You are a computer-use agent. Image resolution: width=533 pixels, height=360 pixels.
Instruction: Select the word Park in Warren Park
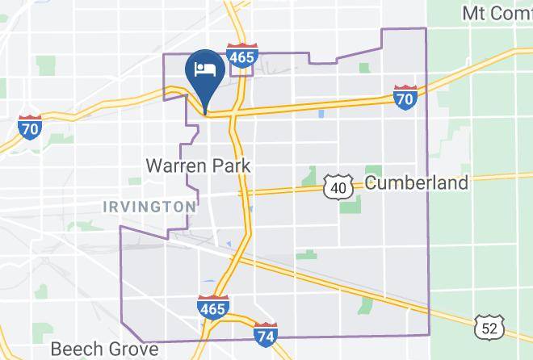point(231,166)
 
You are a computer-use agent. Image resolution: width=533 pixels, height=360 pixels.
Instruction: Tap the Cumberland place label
point(416,182)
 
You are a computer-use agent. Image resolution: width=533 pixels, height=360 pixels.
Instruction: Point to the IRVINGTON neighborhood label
point(149,207)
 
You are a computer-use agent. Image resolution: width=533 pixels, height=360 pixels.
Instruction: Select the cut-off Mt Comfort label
point(496,13)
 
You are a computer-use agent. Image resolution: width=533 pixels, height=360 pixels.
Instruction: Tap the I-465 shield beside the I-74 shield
point(212,307)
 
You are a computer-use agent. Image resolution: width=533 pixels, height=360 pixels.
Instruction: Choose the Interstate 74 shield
point(265,333)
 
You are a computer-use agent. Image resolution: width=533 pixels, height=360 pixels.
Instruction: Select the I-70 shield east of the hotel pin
point(405,97)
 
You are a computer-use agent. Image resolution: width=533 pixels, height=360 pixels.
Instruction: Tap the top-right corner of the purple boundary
point(426,28)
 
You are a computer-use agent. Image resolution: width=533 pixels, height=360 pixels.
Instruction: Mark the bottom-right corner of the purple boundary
point(428,334)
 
